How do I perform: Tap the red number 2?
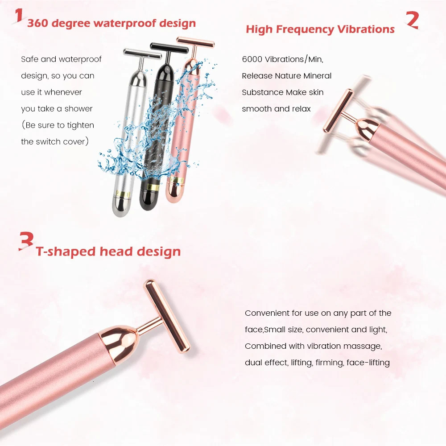pos(412,20)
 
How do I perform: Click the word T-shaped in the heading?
pos(66,252)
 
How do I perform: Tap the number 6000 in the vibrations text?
pos(252,59)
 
